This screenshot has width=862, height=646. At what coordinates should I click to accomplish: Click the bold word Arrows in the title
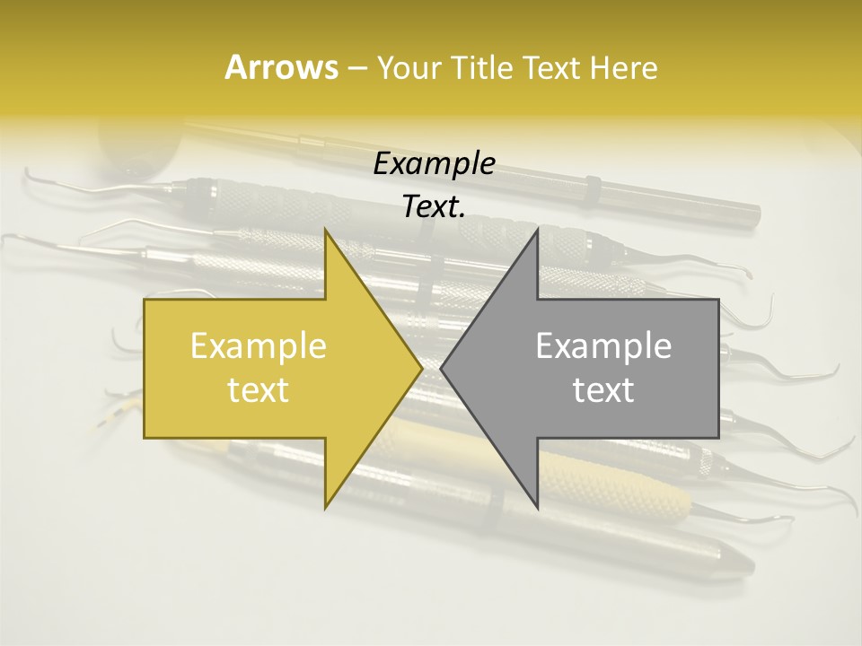281,67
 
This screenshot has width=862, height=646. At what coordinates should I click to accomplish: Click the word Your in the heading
408,67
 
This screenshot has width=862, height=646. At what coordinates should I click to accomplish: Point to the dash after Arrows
356,68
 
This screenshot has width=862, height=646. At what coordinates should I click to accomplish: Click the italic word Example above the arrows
434,163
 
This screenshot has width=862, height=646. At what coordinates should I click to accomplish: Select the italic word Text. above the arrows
434,206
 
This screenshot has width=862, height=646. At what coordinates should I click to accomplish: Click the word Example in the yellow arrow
258,345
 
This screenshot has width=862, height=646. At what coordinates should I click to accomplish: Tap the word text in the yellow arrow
258,389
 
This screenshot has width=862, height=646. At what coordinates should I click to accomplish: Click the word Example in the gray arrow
603,345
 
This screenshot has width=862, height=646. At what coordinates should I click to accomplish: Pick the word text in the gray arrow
603,389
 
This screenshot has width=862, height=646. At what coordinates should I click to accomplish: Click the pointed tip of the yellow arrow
421,368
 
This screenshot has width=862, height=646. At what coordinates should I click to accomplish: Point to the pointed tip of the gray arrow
442,368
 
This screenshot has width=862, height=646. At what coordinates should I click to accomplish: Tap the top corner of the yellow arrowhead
325,230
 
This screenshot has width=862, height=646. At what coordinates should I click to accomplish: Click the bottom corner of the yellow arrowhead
325,508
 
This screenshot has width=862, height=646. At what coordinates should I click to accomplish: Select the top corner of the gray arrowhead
538,230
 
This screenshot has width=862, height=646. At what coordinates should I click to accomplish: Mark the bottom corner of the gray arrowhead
538,508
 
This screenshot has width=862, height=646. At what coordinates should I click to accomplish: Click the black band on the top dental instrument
593,190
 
